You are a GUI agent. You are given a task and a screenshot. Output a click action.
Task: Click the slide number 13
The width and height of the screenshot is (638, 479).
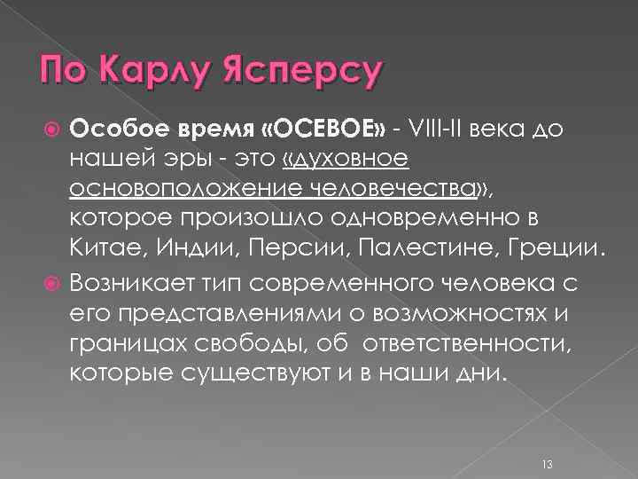coord(547,440)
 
